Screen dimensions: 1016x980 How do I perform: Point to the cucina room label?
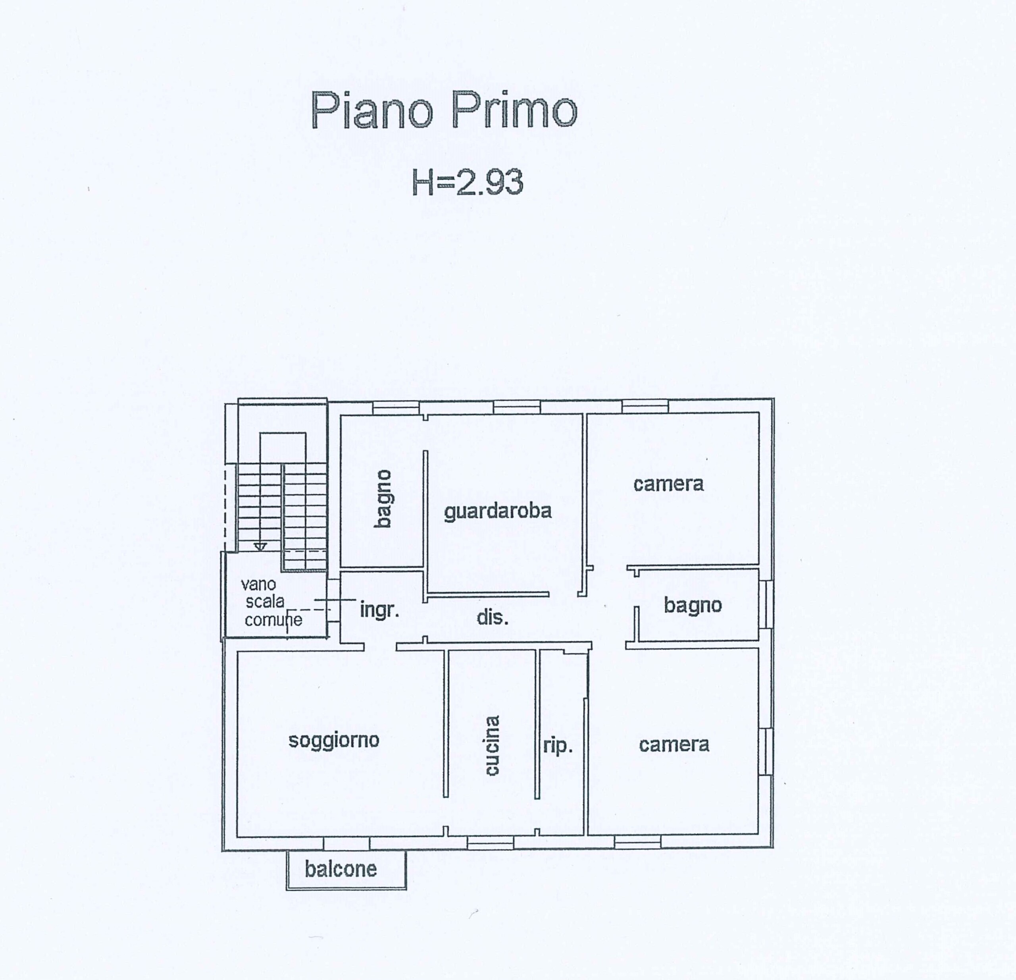491,746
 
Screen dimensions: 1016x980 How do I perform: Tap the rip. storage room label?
558,747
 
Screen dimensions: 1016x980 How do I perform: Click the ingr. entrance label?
379,611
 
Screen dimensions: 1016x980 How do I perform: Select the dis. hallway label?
493,617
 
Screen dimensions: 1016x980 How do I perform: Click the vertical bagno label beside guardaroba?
384,499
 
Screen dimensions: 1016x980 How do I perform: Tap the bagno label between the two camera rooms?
693,606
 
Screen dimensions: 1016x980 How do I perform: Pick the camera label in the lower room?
674,745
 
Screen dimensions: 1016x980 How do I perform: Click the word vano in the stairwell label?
258,585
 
